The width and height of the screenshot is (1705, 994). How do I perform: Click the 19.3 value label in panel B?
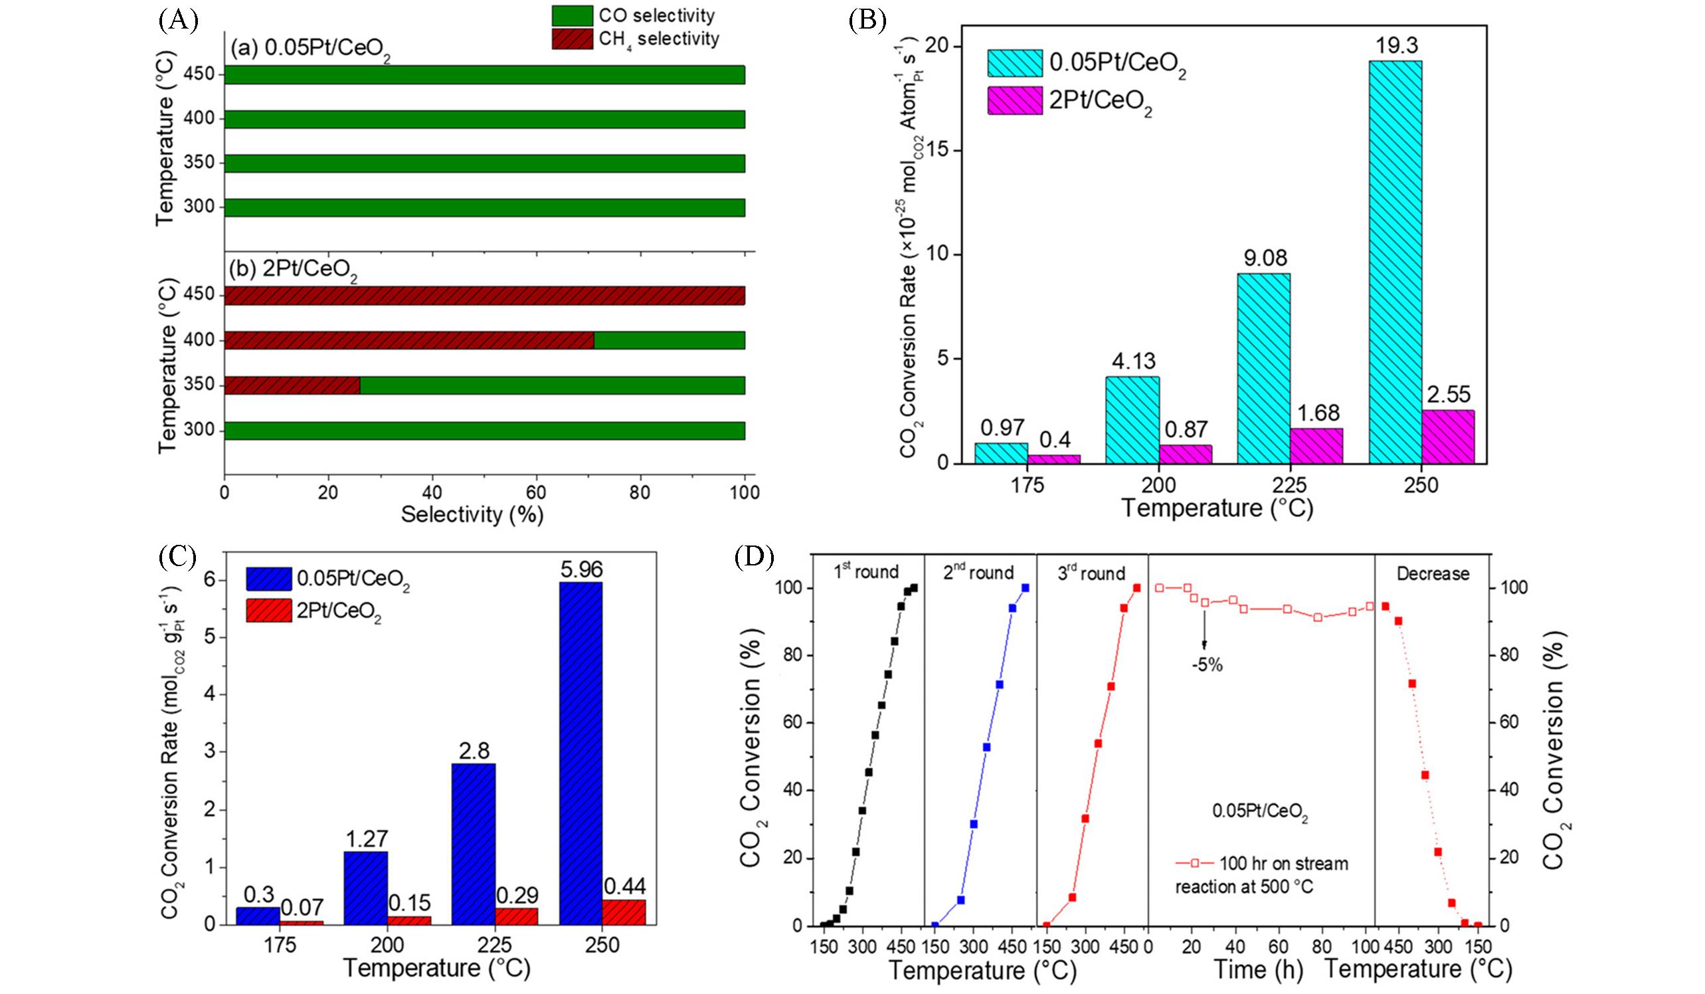1395,45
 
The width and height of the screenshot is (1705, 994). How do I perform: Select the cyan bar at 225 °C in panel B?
1263,368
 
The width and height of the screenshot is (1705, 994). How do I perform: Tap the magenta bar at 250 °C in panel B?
1448,437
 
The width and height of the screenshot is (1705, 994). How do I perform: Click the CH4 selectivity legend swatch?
573,39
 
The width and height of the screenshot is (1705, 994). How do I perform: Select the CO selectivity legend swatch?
573,15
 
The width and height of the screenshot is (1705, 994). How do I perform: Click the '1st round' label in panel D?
866,573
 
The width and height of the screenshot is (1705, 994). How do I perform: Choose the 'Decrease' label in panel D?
1433,574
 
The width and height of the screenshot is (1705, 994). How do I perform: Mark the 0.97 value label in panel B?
1001,428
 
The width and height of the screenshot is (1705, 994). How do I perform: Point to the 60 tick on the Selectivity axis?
537,492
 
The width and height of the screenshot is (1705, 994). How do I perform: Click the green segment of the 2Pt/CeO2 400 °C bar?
669,340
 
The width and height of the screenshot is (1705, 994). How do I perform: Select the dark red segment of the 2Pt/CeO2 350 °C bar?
292,385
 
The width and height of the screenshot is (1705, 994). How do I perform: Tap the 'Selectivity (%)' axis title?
472,515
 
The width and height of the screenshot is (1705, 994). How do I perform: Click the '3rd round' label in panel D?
1091,573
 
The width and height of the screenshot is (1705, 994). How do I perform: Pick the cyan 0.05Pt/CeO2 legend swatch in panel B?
1014,63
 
